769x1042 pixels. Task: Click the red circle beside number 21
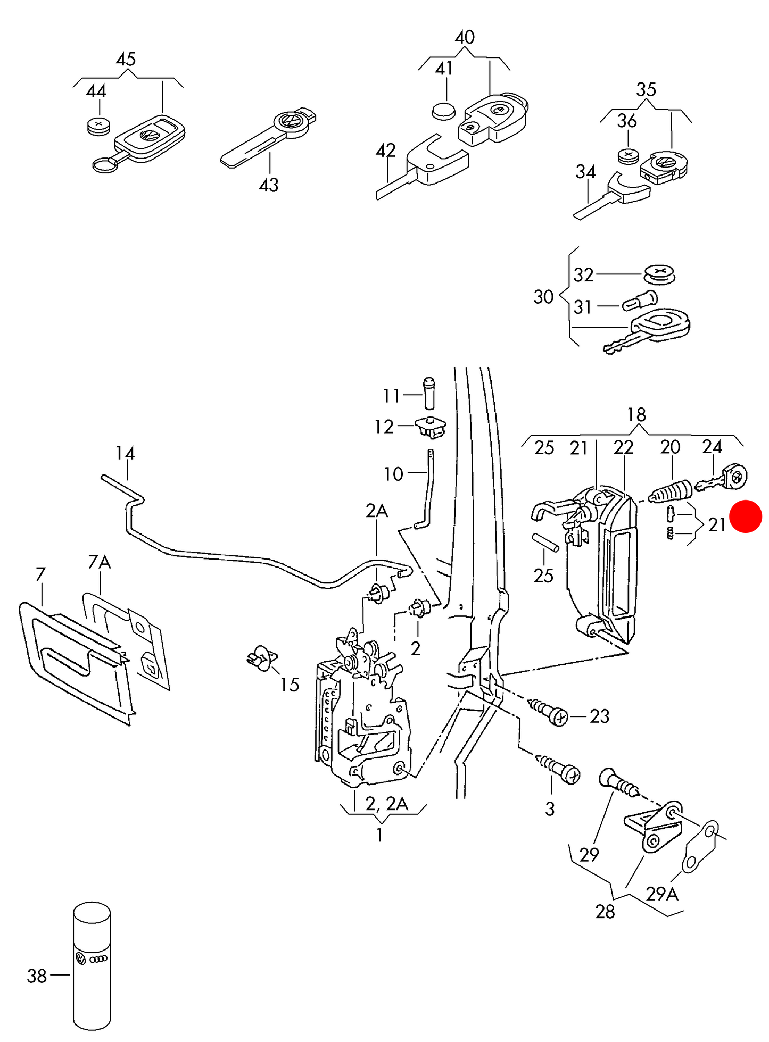point(746,516)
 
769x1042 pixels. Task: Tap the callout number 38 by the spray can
point(37,976)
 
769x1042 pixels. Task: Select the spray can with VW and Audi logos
point(92,965)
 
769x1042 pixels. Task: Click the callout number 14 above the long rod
point(125,453)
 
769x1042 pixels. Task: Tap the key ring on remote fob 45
point(106,165)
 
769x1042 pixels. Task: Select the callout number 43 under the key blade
point(268,185)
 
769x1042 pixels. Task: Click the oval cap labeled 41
point(443,111)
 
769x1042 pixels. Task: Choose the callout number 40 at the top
point(465,37)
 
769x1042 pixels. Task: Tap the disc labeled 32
point(659,274)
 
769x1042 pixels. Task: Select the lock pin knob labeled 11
point(429,393)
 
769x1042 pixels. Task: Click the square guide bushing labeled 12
point(431,427)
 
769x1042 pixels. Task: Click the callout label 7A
point(99,561)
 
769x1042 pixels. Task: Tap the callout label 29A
point(661,894)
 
